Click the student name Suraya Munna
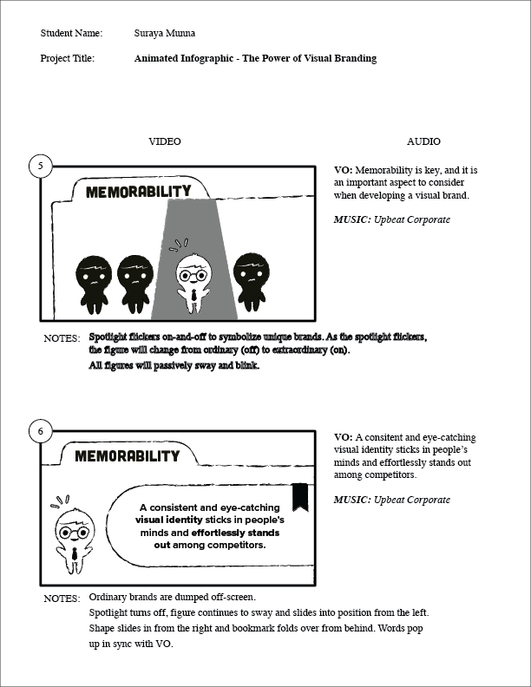tap(165, 33)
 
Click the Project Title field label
tap(68, 58)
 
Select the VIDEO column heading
tap(165, 141)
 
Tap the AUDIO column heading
tap(423, 141)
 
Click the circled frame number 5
tap(40, 165)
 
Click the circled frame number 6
tap(40, 430)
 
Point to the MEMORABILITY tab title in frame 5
tap(139, 192)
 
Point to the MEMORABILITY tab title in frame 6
tap(128, 456)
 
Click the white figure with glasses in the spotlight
tap(193, 278)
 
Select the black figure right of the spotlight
tap(250, 281)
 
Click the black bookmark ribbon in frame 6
tap(301, 497)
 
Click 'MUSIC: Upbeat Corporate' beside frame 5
tap(392, 220)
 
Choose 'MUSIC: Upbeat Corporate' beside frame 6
tap(392, 500)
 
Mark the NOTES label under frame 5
tap(62, 338)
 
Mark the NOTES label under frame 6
tap(62, 599)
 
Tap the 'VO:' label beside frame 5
tap(344, 170)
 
